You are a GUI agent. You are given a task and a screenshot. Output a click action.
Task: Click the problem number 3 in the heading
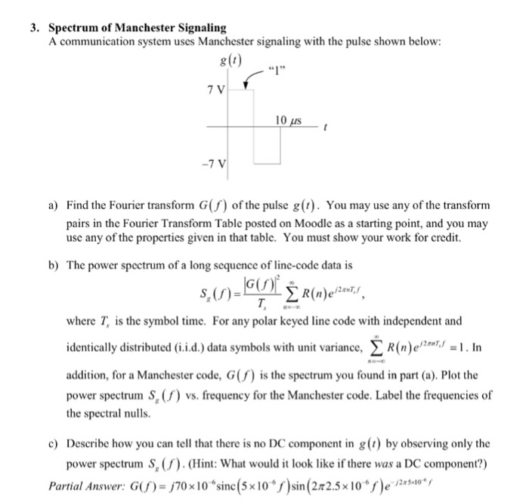coord(34,27)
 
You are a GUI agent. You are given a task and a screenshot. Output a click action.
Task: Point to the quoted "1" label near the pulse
coord(283,75)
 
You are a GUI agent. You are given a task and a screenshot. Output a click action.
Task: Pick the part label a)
coord(54,205)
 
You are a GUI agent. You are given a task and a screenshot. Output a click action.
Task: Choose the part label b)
coord(54,266)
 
